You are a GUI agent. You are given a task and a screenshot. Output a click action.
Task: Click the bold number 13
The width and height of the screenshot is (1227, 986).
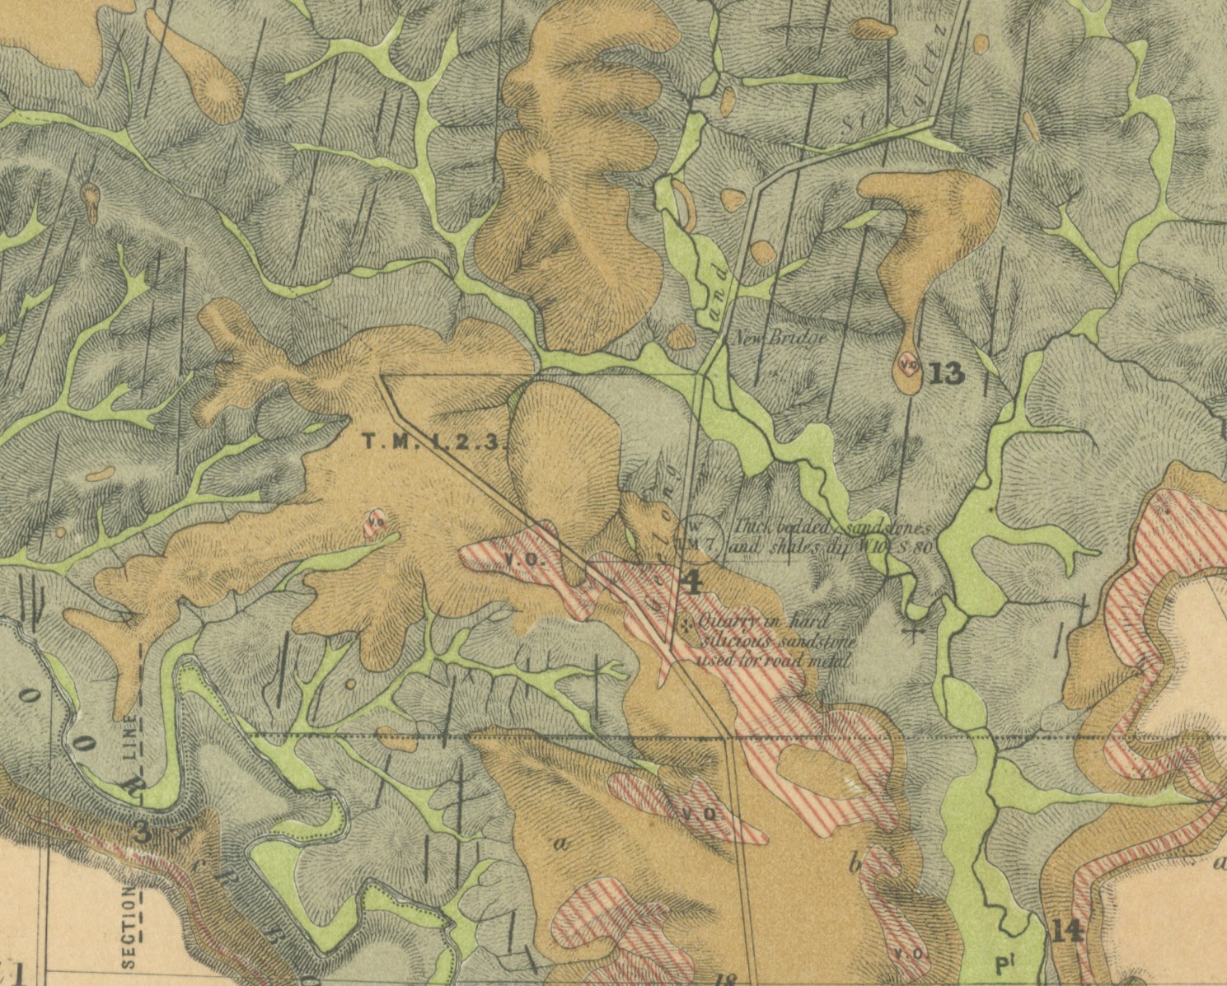point(945,373)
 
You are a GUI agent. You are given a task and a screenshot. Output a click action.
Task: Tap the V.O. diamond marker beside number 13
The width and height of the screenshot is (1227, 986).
point(907,362)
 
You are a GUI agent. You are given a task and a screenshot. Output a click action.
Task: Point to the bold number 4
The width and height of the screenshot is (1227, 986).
point(692,583)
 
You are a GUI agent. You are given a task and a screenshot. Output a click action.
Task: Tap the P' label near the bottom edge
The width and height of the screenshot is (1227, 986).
point(1003,965)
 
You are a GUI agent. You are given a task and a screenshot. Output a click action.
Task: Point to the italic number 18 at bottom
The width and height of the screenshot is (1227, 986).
point(726,979)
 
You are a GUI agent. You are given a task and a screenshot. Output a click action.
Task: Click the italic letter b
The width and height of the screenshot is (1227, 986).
point(855,863)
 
